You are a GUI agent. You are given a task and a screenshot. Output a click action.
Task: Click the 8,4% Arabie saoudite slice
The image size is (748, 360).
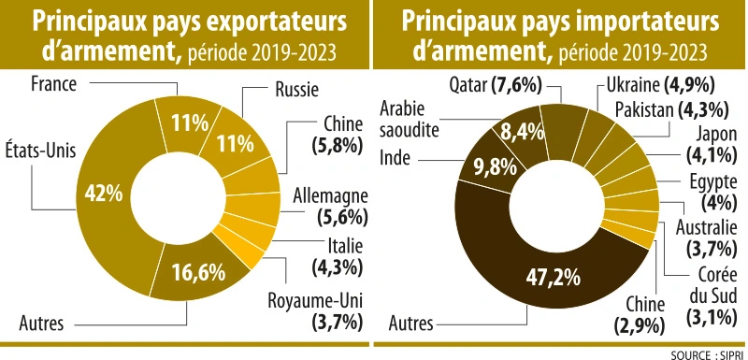pyautogui.click(x=517, y=131)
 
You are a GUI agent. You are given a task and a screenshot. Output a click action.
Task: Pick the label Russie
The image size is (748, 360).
pyautogui.click(x=297, y=91)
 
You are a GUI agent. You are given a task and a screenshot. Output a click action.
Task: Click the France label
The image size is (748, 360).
pyautogui.click(x=52, y=82)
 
